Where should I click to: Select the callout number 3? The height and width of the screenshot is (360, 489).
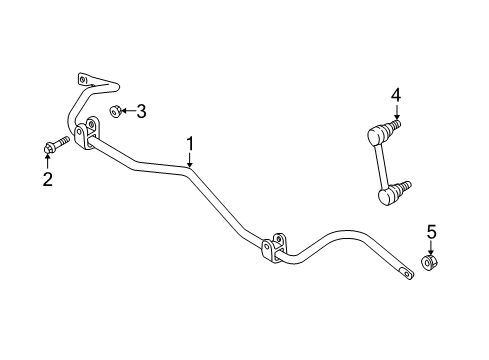[x=141, y=111]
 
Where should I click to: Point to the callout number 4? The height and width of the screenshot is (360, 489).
[x=396, y=95]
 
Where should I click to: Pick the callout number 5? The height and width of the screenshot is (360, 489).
[x=431, y=233]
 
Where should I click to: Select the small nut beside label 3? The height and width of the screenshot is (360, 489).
[x=115, y=111]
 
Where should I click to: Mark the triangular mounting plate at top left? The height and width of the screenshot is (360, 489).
[x=94, y=82]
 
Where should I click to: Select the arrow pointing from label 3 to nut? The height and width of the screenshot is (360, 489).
[x=127, y=111]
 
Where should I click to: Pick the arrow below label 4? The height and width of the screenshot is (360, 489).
[x=396, y=111]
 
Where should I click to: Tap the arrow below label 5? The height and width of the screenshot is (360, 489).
[x=431, y=248]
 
